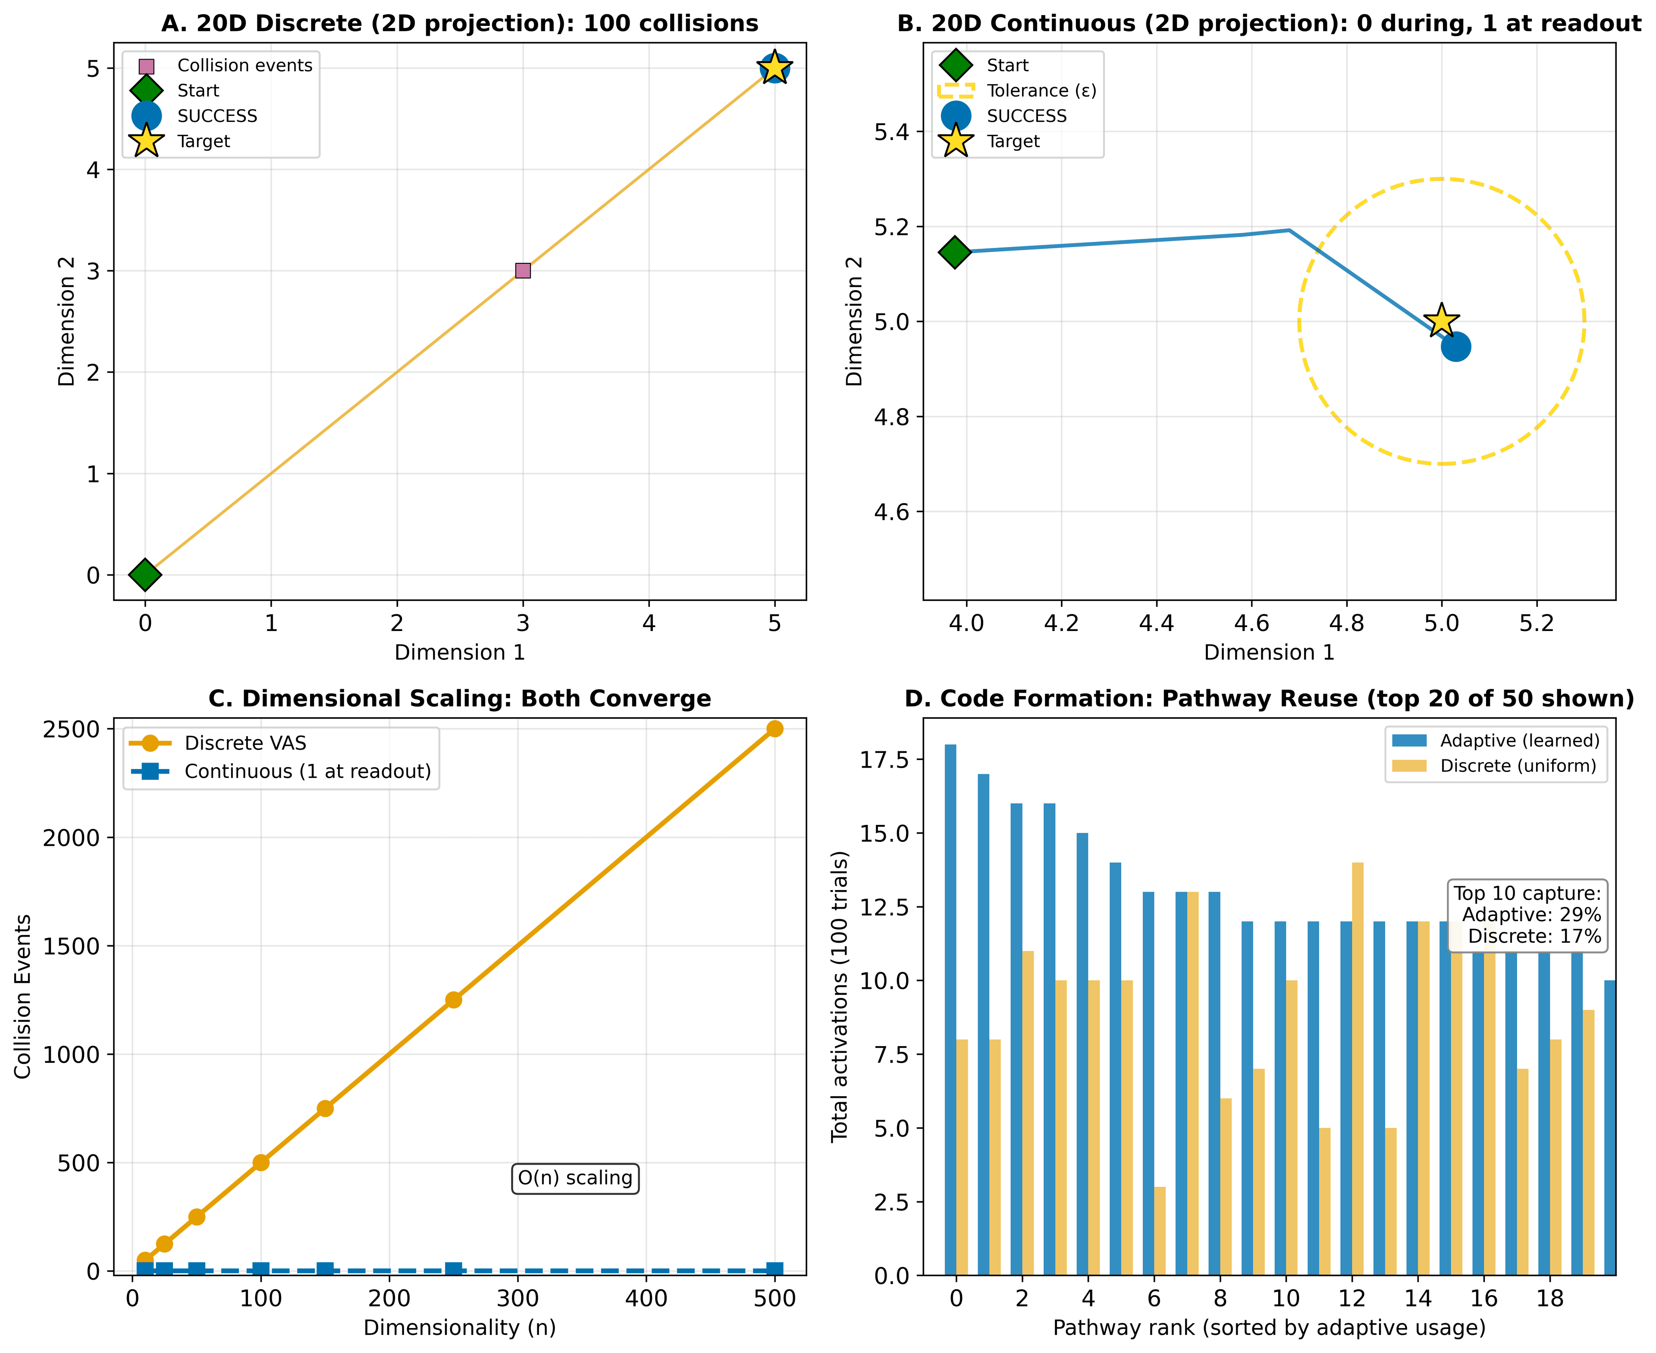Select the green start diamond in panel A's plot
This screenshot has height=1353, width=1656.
tap(145, 575)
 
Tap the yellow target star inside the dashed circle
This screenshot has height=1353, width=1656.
tap(1441, 320)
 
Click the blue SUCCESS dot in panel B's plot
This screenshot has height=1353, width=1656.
tap(1455, 347)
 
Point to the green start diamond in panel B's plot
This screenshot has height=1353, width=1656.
tap(955, 252)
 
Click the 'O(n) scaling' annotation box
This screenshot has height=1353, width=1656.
tap(574, 1178)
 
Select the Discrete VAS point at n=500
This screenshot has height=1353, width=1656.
tap(774, 729)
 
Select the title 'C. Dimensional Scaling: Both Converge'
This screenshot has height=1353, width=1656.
tap(459, 698)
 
